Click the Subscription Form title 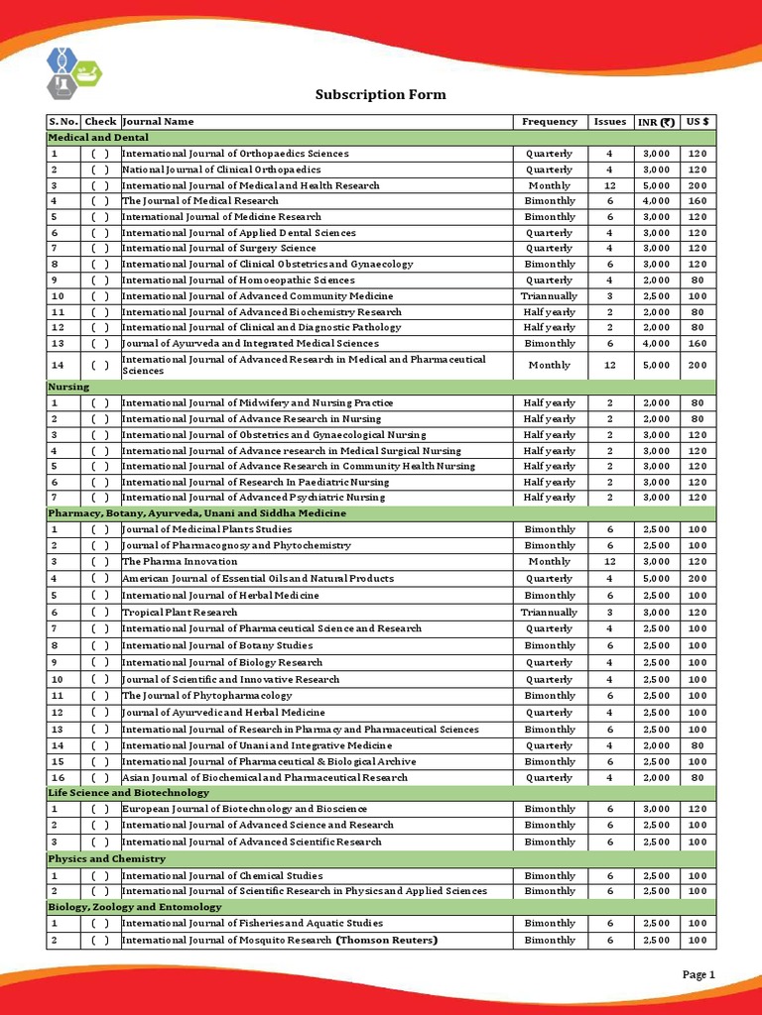point(380,95)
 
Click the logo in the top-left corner point(74,72)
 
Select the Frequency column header point(549,122)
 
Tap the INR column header point(656,122)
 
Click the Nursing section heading point(68,387)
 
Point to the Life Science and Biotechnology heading point(128,793)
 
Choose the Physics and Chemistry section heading point(106,858)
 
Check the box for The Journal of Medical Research point(100,201)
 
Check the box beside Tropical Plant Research point(100,613)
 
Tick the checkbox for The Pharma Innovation point(100,562)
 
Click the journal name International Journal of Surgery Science point(218,249)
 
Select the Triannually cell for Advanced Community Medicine point(549,296)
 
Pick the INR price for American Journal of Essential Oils point(656,579)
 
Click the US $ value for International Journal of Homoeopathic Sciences point(698,281)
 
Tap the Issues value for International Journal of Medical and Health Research point(610,185)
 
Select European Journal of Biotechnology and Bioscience point(244,809)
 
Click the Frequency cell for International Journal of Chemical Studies point(549,876)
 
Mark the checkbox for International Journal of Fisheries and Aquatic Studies point(100,924)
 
